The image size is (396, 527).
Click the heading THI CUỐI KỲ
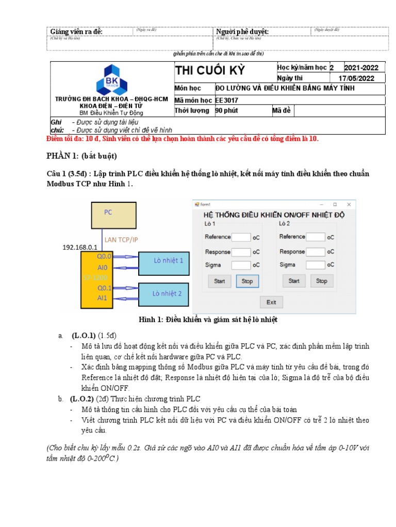pos(210,71)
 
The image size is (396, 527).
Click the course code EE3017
pos(227,100)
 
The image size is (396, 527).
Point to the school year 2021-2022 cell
pos(361,67)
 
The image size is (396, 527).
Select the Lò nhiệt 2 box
pos(167,294)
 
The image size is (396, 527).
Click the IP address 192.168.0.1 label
pos(80,247)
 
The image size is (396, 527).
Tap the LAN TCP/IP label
pos(121,239)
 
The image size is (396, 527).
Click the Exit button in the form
pos(271,302)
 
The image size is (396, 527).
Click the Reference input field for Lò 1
pos(241,237)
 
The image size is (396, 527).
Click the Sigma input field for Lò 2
pos(315,265)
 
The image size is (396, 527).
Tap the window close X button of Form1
pos(349,204)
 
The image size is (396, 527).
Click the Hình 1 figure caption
pos(208,320)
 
